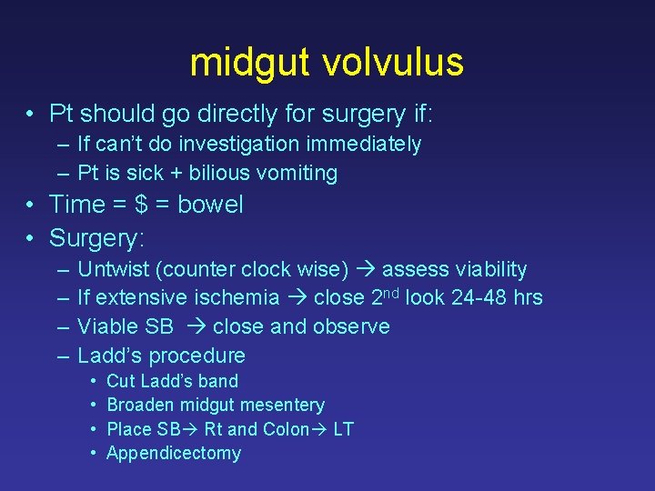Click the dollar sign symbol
(141, 205)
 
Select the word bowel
(210, 205)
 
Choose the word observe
(349, 326)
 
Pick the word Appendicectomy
(174, 453)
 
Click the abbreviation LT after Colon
(343, 429)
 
